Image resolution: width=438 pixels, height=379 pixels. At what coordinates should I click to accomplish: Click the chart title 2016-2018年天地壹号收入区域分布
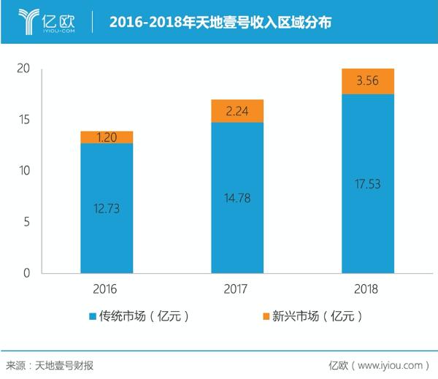point(220,23)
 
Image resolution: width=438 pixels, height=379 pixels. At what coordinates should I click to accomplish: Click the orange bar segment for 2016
point(107,137)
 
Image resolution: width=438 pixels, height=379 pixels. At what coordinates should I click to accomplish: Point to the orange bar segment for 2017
point(237,111)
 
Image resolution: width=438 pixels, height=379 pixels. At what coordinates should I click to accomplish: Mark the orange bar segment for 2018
point(368,81)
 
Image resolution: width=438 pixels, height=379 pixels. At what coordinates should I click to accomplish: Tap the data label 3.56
point(368,81)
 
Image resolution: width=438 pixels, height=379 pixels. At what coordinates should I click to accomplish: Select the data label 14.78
point(237,197)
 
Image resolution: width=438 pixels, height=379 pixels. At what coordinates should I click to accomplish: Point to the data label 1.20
point(107,137)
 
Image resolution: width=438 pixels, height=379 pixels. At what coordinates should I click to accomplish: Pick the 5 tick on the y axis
point(26,222)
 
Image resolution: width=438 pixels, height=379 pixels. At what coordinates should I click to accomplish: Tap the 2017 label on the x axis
point(237,289)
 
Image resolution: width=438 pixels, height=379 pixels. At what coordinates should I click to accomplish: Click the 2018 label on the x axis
point(368,289)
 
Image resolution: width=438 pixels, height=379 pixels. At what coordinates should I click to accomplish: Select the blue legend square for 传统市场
point(93,317)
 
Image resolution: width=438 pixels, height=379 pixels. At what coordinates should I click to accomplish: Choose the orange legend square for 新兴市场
point(264,317)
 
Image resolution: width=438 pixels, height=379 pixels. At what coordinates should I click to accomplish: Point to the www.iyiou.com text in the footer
point(391,364)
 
